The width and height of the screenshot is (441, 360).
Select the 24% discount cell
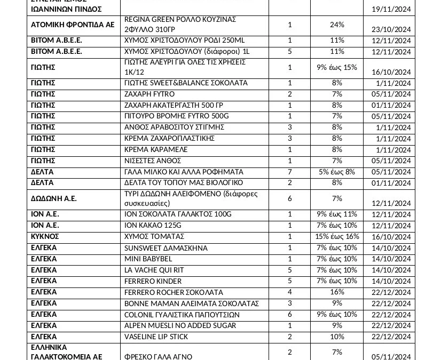(x=337, y=25)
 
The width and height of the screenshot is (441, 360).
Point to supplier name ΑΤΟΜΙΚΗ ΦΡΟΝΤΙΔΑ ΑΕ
(x=73, y=25)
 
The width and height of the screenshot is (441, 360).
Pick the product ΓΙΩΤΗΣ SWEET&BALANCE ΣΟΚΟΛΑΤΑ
(x=186, y=83)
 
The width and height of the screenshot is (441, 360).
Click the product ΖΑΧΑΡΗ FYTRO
(x=149, y=94)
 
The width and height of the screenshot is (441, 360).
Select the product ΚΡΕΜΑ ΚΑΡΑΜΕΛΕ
(x=156, y=150)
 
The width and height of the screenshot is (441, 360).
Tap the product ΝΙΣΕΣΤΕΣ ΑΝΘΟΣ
(x=153, y=161)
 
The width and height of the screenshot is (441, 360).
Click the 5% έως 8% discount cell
(x=337, y=172)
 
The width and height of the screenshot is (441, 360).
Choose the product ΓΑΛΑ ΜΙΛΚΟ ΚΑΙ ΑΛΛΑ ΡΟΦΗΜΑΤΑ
(x=184, y=172)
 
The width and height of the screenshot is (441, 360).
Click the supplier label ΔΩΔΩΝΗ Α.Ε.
(x=54, y=198)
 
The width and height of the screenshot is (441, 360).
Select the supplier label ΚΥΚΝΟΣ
(x=45, y=236)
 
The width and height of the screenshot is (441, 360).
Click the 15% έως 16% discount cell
(x=337, y=236)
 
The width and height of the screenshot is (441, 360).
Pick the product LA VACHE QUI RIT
(x=155, y=270)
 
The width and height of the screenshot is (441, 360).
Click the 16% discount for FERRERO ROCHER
(x=337, y=292)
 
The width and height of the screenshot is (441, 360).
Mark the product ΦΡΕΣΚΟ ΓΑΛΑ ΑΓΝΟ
(x=158, y=356)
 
